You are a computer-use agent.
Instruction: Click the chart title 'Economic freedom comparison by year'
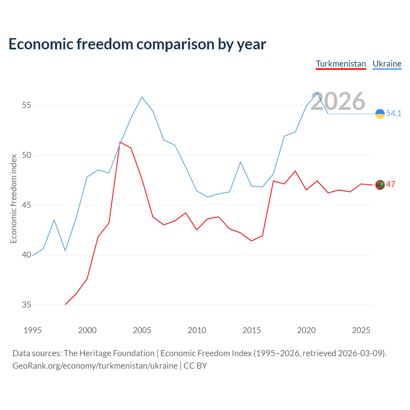tap(137, 44)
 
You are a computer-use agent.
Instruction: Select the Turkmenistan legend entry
tap(341, 64)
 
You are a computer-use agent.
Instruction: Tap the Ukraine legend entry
tap(387, 64)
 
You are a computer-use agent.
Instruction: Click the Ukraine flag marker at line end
tap(380, 114)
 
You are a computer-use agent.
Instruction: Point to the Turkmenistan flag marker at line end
tap(380, 185)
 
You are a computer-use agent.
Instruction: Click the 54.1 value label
tap(394, 114)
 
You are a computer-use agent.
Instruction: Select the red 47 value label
tap(390, 184)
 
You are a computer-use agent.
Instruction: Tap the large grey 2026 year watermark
tap(338, 101)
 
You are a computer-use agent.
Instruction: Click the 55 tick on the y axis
tap(27, 105)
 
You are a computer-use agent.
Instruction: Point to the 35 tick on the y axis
tap(27, 305)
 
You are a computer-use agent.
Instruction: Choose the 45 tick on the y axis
tap(27, 205)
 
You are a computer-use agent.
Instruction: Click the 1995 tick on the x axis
tap(33, 330)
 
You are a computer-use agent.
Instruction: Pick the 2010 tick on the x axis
tap(197, 330)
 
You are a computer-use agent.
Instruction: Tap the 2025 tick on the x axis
tap(361, 330)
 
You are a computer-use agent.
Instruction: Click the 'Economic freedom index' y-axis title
tap(13, 199)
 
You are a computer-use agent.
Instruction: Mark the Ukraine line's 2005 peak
tap(142, 97)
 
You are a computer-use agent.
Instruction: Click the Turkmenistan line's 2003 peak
tap(120, 142)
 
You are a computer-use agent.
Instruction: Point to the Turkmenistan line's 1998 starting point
tap(65, 304)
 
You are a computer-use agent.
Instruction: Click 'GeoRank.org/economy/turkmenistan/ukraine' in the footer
tap(95, 365)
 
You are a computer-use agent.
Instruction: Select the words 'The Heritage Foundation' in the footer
tap(109, 353)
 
